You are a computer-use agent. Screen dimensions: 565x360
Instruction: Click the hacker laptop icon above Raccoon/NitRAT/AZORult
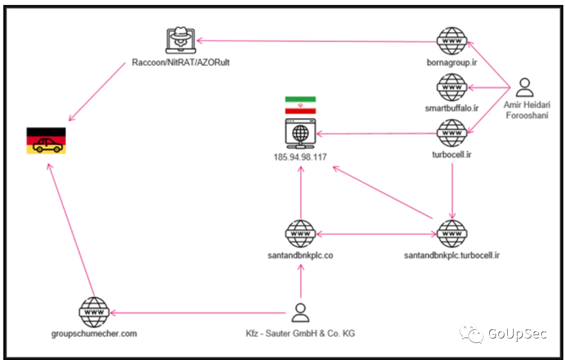tap(180, 40)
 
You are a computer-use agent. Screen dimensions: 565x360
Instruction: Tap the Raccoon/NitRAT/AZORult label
tap(180, 62)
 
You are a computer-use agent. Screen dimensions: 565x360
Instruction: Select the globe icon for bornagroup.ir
tap(452, 41)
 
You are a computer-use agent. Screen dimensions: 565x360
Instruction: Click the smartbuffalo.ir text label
tap(452, 108)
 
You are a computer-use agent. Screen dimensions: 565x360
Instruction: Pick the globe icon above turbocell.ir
tap(452, 133)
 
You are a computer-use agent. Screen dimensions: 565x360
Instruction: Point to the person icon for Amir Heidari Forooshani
tap(525, 87)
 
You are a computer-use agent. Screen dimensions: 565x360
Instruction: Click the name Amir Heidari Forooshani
tap(527, 110)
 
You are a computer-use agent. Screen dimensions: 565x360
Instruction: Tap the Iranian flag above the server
tap(301, 105)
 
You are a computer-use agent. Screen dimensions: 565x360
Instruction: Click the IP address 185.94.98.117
tap(300, 157)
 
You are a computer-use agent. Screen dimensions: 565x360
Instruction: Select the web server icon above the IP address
tap(301, 134)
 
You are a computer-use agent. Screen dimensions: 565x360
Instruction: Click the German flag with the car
tap(46, 141)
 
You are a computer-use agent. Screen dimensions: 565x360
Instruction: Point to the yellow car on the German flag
tap(47, 145)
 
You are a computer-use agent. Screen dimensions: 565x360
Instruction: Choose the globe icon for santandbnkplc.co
tap(301, 234)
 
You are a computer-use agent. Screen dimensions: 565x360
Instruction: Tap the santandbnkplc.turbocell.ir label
tap(452, 256)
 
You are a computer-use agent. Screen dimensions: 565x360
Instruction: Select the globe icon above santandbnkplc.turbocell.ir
tap(452, 234)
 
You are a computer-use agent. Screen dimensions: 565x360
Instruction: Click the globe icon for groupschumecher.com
tap(94, 312)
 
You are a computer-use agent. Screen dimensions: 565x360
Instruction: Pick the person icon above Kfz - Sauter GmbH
tap(301, 312)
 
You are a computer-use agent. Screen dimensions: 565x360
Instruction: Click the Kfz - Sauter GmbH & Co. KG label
tap(300, 333)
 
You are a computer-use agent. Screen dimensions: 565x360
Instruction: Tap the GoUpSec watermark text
tap(517, 333)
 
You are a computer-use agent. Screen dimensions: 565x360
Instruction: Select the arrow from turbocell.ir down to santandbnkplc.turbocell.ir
tap(452, 191)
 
